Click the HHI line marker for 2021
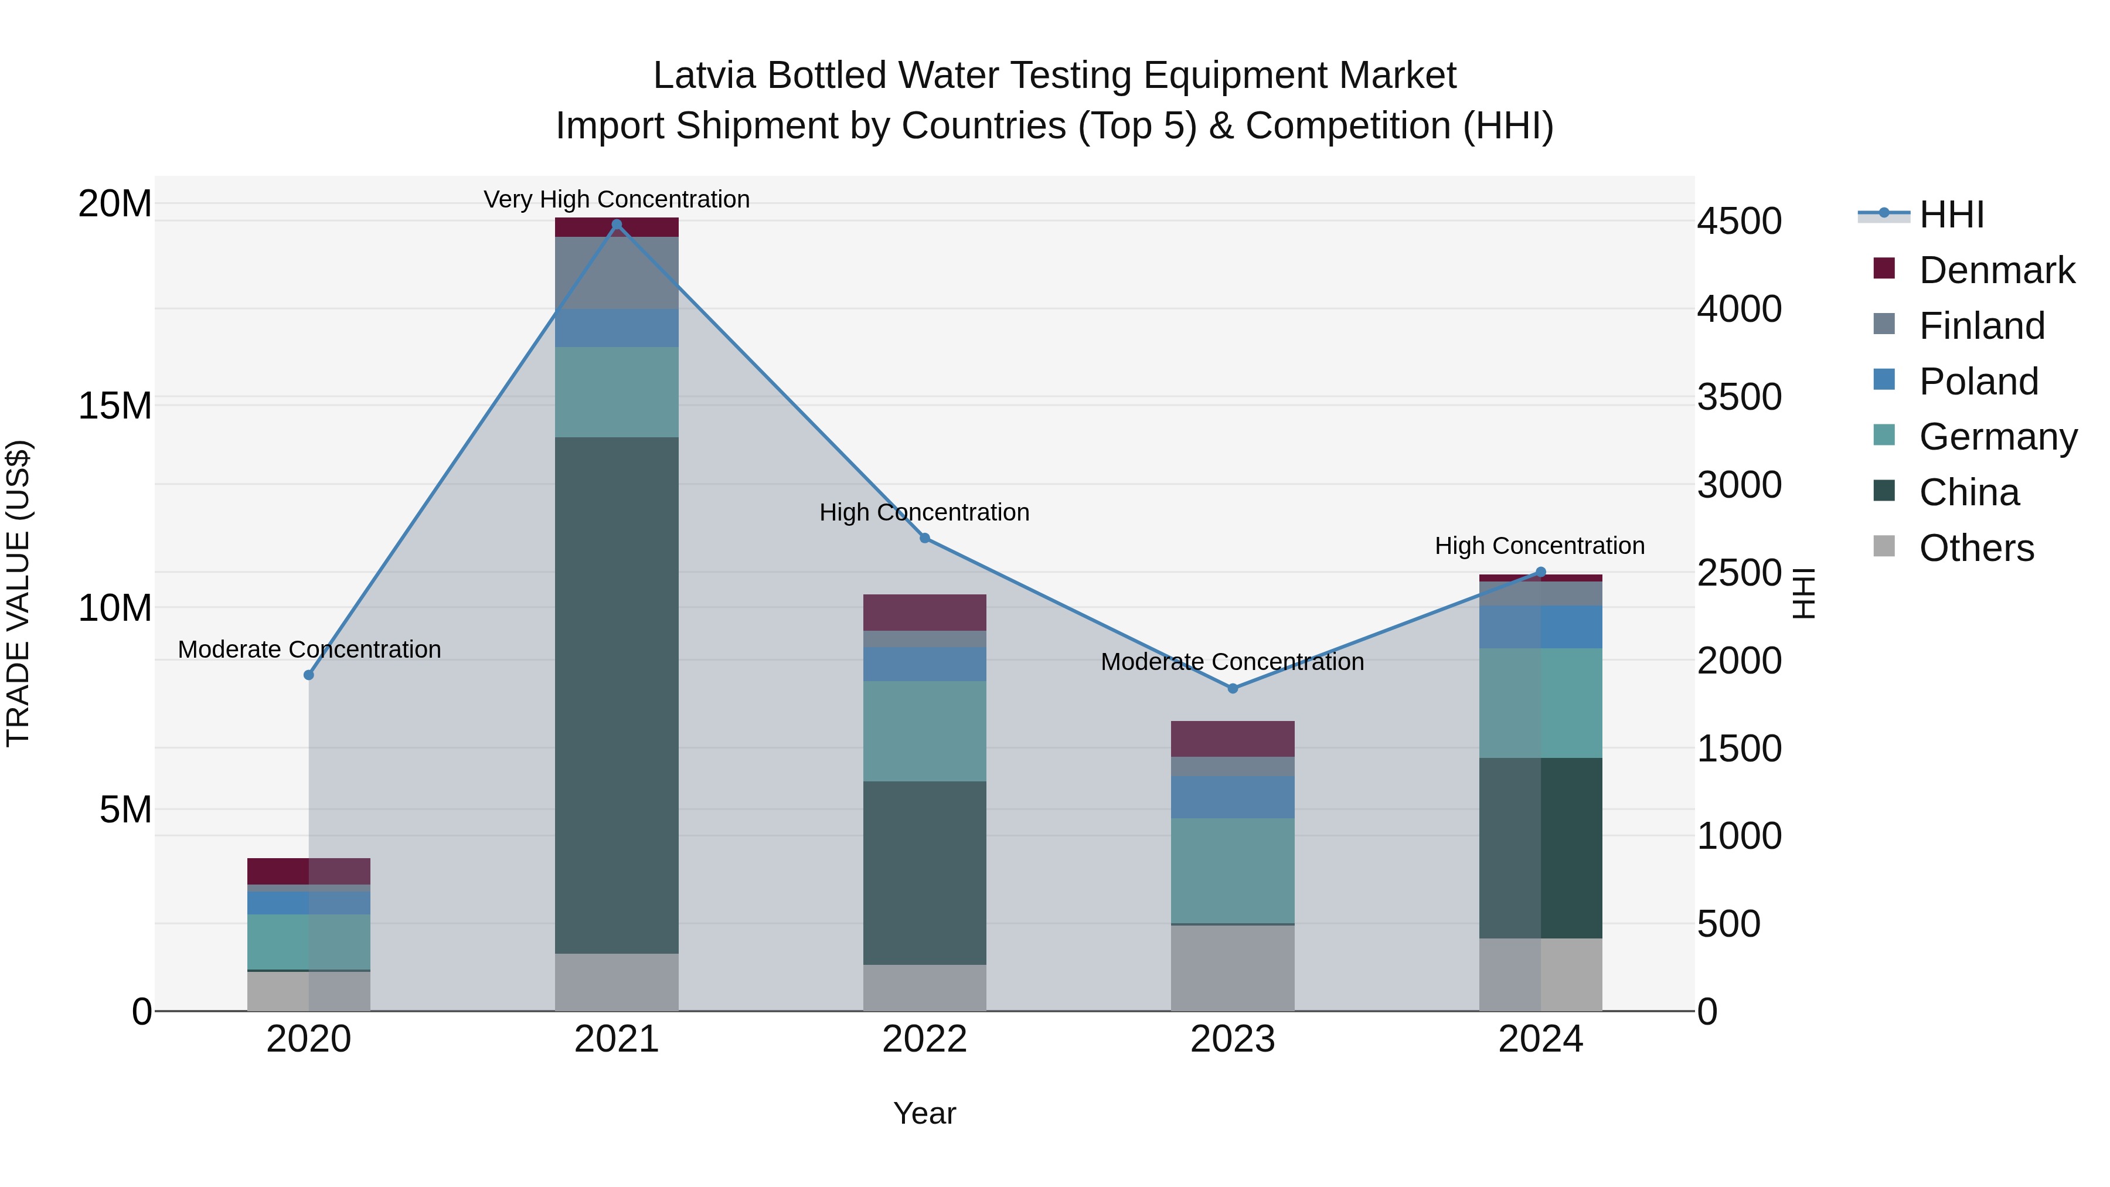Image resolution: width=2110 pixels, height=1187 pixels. point(617,225)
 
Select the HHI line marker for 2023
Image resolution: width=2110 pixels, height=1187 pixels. point(1233,688)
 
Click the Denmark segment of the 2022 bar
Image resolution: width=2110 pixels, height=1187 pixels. point(925,612)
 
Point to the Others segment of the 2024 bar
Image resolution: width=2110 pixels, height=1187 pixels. point(1541,974)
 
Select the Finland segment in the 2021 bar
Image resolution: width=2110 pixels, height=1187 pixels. point(617,273)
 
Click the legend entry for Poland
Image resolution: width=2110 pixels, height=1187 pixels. point(1978,382)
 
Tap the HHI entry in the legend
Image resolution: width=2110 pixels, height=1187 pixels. point(1951,215)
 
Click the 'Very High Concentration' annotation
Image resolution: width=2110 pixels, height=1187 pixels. point(617,199)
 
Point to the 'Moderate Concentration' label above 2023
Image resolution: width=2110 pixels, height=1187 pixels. point(1232,661)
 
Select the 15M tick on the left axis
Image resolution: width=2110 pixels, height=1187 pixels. point(115,406)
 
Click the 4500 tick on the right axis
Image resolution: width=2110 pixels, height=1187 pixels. point(1739,221)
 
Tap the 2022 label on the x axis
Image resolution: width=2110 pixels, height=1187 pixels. point(925,1039)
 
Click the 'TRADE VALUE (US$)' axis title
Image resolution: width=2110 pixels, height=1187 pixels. point(18,593)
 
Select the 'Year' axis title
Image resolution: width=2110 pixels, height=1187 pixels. point(925,1113)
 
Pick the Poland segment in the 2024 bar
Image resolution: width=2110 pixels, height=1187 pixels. point(1541,627)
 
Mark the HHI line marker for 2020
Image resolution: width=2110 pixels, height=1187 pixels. point(309,675)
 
